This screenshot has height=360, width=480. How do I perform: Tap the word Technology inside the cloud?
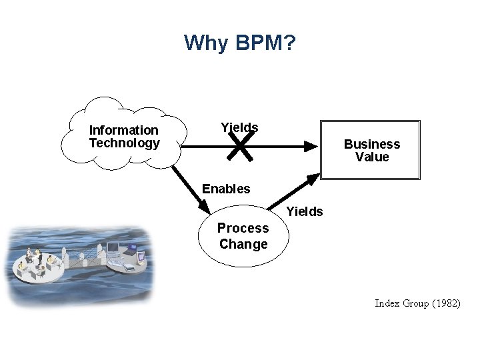(x=125, y=143)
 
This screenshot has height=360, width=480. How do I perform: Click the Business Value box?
(x=371, y=150)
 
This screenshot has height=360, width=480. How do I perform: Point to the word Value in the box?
(x=372, y=157)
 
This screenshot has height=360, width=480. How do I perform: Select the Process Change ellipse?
(x=243, y=236)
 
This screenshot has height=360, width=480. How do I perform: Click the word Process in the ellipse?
(x=243, y=228)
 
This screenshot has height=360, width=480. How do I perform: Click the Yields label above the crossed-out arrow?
(x=239, y=127)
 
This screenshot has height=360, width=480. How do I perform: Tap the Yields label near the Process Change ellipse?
(x=305, y=212)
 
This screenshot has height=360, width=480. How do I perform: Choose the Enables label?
(x=226, y=189)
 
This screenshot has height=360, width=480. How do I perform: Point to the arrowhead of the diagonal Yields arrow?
(x=313, y=179)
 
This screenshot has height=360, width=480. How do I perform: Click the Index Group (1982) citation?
(x=417, y=303)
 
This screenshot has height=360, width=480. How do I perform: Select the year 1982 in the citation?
(x=445, y=303)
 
